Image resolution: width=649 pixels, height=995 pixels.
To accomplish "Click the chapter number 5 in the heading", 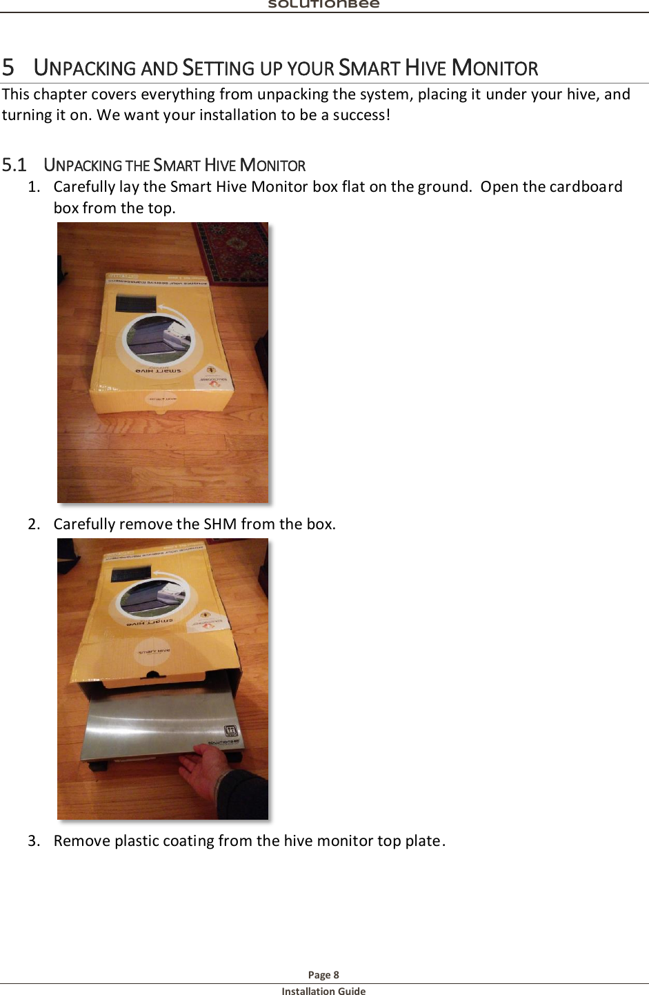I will [8, 68].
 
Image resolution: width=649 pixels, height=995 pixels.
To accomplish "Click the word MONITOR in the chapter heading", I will [495, 68].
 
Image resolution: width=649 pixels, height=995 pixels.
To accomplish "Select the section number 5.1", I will [14, 165].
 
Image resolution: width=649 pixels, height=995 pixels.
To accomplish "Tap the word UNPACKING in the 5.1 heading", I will [83, 166].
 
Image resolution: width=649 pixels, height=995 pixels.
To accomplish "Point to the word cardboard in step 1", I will [586, 187].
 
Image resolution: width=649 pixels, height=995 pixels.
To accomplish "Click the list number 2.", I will [34, 524].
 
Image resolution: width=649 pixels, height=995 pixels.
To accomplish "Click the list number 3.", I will [34, 841].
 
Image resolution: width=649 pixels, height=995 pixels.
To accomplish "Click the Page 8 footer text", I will [323, 974].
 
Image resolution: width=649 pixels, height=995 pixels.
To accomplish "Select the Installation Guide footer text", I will [323, 991].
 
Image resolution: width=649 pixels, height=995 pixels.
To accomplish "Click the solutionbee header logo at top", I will [323, 4].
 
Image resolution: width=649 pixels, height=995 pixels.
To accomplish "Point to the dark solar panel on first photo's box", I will [136, 303].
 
